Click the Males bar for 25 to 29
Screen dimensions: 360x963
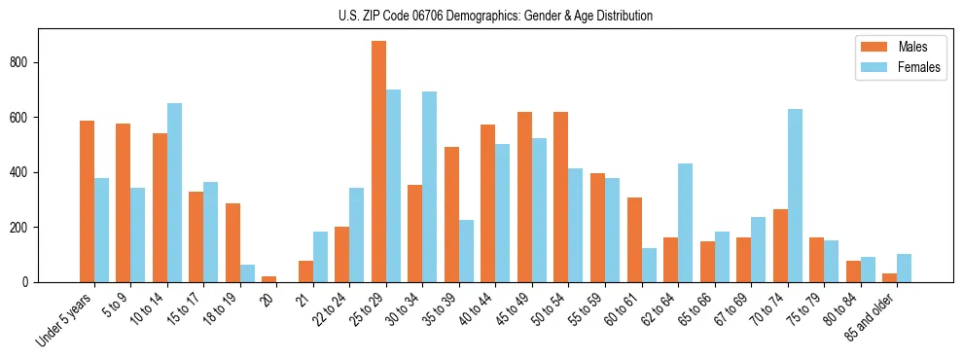point(378,162)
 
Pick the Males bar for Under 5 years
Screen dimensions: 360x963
point(87,201)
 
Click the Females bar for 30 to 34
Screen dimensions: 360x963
point(430,187)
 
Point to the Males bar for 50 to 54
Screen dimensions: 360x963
point(561,198)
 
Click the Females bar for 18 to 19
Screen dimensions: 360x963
point(247,273)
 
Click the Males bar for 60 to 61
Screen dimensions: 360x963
point(634,239)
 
